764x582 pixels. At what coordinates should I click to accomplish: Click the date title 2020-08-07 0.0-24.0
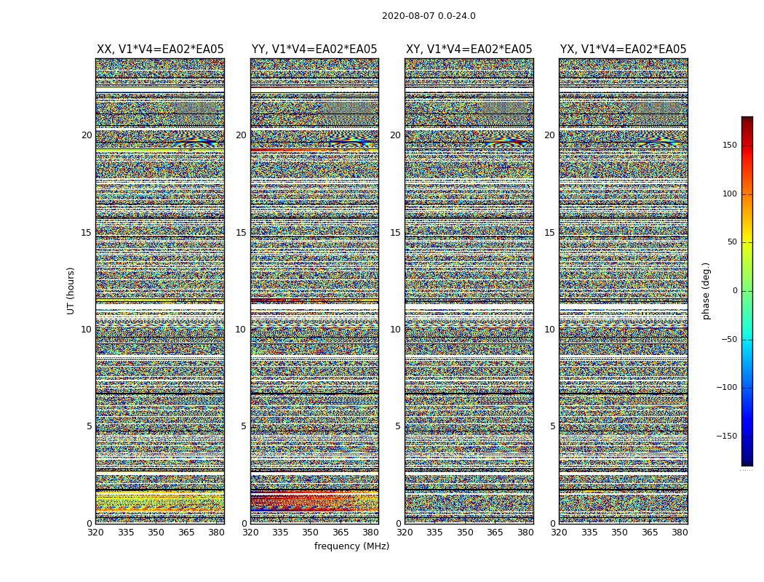[429, 16]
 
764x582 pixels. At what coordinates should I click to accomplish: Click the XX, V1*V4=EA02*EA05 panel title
[160, 49]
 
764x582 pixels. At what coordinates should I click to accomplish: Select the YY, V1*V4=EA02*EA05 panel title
[314, 49]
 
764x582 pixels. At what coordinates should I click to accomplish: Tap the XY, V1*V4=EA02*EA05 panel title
[469, 49]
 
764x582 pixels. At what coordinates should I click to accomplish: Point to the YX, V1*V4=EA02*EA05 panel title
[623, 49]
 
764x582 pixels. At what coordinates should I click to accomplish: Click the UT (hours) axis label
[71, 290]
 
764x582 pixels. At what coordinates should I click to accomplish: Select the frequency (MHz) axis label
[351, 546]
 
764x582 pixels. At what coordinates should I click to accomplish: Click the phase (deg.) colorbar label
[706, 290]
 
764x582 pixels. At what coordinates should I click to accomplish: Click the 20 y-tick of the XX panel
[87, 135]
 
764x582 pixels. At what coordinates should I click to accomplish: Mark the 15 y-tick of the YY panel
[241, 233]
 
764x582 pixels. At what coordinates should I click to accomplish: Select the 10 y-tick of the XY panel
[395, 330]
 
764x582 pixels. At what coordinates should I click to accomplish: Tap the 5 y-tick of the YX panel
[552, 426]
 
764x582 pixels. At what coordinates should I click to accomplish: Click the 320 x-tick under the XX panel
[95, 533]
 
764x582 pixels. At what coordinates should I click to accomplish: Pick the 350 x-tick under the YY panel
[310, 533]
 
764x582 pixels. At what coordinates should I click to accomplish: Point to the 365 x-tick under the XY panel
[495, 533]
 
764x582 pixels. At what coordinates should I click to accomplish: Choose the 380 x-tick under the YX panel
[679, 533]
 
